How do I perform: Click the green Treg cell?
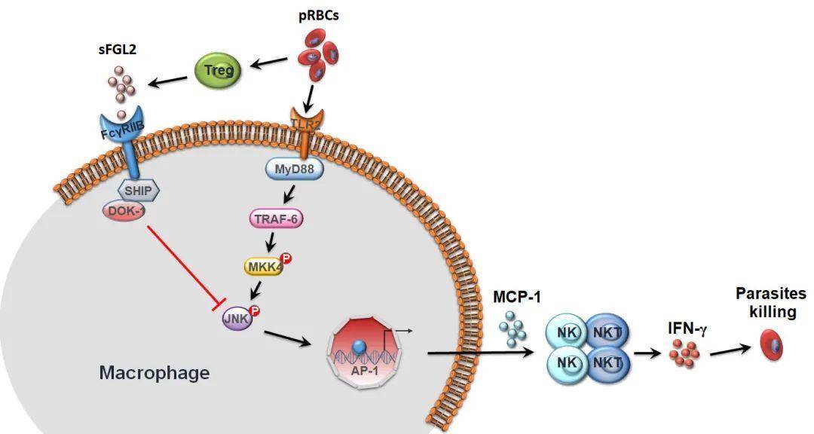[x=219, y=72]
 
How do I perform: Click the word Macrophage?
[x=155, y=372]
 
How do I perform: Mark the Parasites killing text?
[x=770, y=302]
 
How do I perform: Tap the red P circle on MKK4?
[x=286, y=258]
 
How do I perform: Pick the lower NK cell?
[x=567, y=363]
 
